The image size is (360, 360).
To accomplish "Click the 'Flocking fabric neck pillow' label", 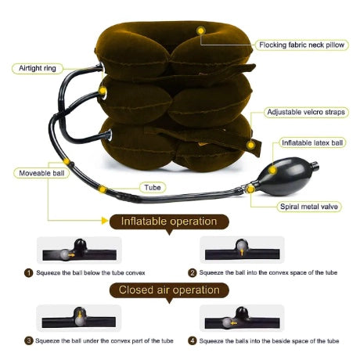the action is [x=302, y=45].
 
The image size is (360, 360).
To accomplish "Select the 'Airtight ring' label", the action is [x=38, y=68].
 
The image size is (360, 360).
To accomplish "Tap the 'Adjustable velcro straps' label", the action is [x=306, y=112].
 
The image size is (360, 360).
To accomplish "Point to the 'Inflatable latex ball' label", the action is [x=312, y=142].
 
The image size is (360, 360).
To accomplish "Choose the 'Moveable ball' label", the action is [x=41, y=173].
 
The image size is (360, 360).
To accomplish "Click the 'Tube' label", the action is [x=153, y=187].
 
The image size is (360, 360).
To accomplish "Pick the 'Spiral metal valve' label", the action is [x=309, y=207].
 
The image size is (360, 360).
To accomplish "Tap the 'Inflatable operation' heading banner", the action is [x=169, y=222].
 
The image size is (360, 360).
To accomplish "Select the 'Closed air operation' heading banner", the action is [x=169, y=290].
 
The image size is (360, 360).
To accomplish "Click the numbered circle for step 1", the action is [x=28, y=273].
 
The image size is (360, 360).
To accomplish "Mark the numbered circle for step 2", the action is [x=192, y=273].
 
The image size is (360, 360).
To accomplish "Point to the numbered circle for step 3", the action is [x=28, y=340].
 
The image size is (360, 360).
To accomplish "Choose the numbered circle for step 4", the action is [x=192, y=340].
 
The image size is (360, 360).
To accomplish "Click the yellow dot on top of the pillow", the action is [x=200, y=31].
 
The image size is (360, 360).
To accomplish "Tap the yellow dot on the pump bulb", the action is [x=272, y=170].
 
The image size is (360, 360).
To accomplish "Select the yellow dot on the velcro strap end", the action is [x=250, y=145].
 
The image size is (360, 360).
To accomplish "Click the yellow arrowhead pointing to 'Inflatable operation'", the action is [x=105, y=221].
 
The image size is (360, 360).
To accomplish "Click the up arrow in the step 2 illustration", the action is [x=242, y=252].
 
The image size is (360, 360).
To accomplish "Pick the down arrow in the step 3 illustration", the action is [x=80, y=314].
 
